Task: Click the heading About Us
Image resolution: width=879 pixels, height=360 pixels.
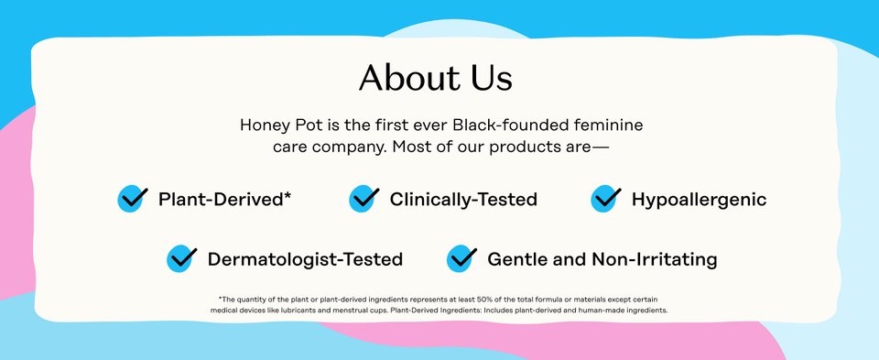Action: [435, 77]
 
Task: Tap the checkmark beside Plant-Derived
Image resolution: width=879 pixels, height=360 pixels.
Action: [133, 198]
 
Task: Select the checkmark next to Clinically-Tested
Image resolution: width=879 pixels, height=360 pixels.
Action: [364, 198]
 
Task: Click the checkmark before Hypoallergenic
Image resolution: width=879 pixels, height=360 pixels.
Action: [606, 198]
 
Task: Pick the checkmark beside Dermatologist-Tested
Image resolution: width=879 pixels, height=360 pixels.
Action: [182, 258]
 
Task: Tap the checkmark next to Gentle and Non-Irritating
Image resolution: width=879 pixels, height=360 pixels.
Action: [461, 258]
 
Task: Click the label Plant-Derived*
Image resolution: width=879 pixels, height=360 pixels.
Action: [224, 199]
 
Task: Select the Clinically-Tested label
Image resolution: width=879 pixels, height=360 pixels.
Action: [463, 199]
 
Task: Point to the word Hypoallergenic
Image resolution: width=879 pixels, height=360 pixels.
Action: [699, 199]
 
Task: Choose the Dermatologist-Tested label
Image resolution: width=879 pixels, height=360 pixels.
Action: [305, 259]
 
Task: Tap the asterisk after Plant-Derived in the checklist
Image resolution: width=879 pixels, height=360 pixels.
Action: [288, 195]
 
